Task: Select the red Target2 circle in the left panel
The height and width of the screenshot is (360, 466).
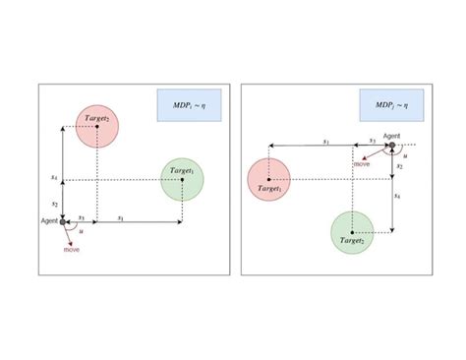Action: click(x=96, y=127)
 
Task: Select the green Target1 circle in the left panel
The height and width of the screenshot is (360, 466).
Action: click(x=181, y=179)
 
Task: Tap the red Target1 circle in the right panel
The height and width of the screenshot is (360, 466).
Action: click(x=269, y=178)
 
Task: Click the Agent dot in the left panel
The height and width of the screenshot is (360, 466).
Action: click(x=63, y=222)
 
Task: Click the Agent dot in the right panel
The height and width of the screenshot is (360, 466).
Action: click(x=391, y=147)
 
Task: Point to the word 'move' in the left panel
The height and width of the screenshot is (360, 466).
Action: click(x=72, y=251)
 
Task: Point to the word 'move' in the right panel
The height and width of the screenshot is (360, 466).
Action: click(x=362, y=163)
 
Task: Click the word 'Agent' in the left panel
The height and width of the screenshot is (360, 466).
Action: click(x=50, y=223)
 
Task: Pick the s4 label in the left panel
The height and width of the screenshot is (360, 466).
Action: click(x=54, y=177)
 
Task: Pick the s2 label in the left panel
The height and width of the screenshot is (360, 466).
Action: click(x=55, y=202)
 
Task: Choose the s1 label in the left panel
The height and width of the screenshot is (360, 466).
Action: click(x=120, y=216)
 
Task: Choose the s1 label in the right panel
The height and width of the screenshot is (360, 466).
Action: click(x=325, y=141)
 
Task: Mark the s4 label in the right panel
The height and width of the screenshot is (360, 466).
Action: click(x=398, y=196)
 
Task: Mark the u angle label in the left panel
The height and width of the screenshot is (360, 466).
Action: click(x=81, y=231)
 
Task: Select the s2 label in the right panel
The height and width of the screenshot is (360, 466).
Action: click(x=398, y=167)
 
